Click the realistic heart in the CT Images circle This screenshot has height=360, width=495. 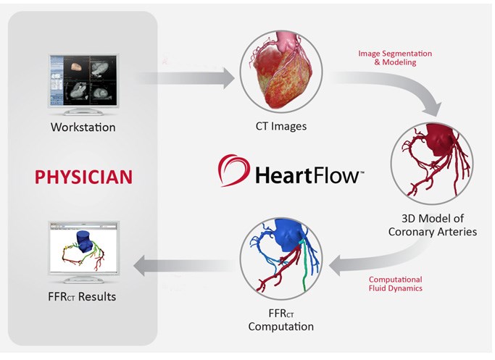[x=280, y=74]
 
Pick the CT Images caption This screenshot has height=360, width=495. [x=280, y=126]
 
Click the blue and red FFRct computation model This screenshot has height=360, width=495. [x=281, y=267]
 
